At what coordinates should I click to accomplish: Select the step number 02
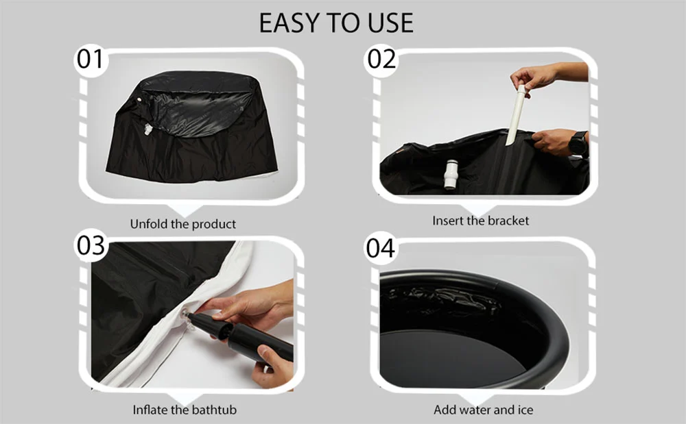pyautogui.click(x=381, y=59)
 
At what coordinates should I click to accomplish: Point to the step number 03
pyautogui.click(x=91, y=245)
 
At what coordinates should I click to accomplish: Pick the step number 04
pyautogui.click(x=381, y=248)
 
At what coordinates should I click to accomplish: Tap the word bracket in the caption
pyautogui.click(x=508, y=221)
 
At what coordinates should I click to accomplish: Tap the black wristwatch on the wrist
pyautogui.click(x=578, y=143)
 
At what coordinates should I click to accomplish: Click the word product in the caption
pyautogui.click(x=210, y=224)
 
